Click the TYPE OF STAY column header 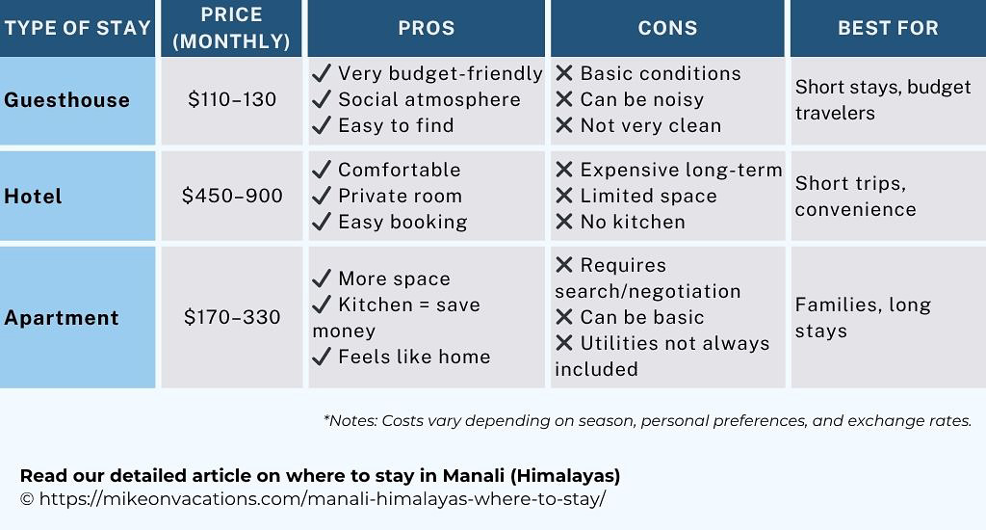point(77,28)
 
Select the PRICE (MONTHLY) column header point(231,28)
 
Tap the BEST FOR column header point(887,28)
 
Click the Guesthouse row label point(66,100)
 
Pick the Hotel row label point(33,197)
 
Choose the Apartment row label point(62,318)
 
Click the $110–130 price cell point(232,99)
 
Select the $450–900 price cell point(232,196)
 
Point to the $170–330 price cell point(232,317)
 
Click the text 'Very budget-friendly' point(440,74)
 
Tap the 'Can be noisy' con point(641,99)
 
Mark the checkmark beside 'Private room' point(323,196)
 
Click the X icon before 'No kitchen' point(564,222)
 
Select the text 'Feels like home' point(414,357)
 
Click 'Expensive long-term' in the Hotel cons point(681,170)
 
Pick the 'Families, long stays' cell point(863,318)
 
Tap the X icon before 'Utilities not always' point(564,343)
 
